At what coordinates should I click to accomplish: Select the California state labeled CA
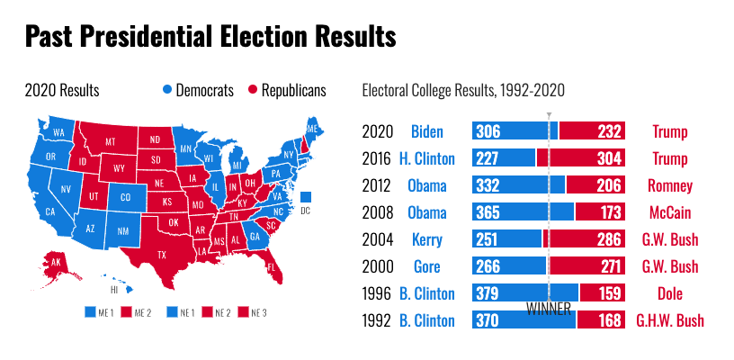coord(50,211)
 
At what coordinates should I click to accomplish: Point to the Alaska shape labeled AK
coord(56,263)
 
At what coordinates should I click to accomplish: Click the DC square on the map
coord(306,197)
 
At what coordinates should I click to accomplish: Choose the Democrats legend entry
coord(198,90)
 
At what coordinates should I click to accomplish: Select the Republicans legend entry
coord(288,90)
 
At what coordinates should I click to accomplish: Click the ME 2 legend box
coord(129,312)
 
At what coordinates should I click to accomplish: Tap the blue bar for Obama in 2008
coord(523,212)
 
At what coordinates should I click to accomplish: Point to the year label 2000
coord(378,266)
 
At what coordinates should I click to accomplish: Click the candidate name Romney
coord(670,186)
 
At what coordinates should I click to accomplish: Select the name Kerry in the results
coord(427,239)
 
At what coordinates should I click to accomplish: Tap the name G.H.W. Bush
coord(670,320)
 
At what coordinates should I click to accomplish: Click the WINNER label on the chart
coord(548,308)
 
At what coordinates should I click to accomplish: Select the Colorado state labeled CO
coord(125,198)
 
